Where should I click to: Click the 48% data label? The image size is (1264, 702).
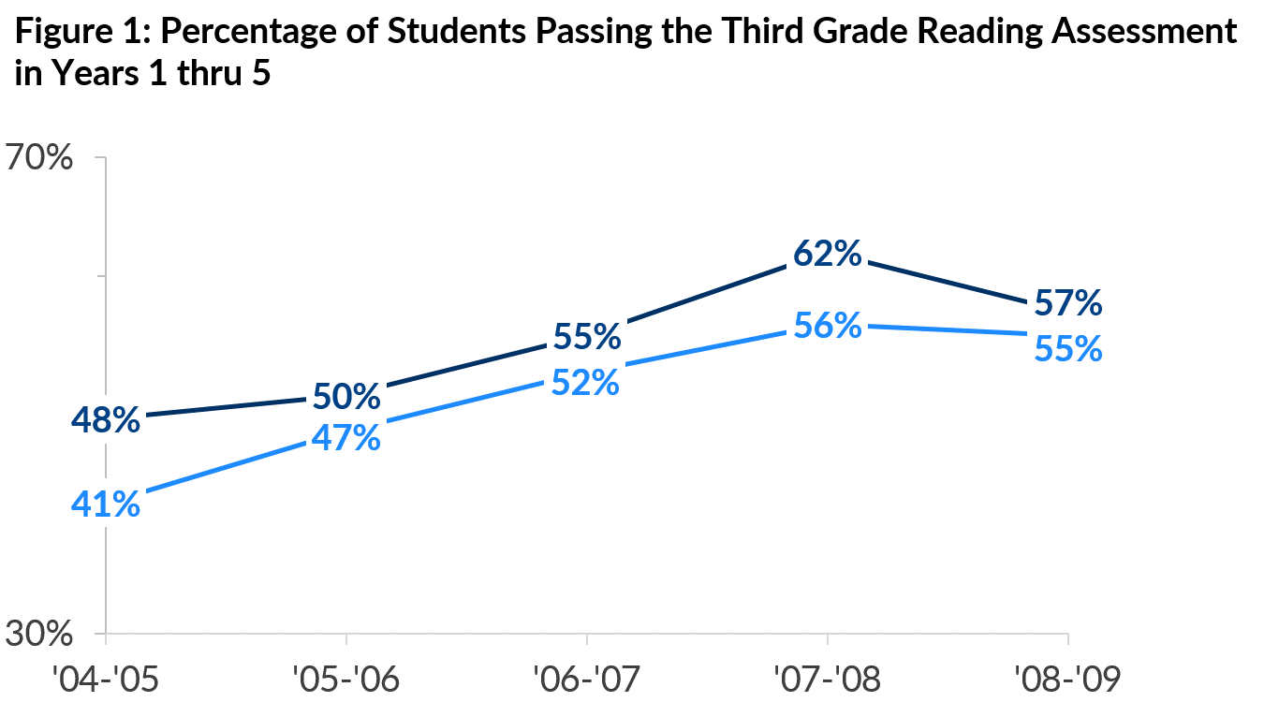click(106, 420)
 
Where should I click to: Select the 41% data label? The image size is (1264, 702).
click(106, 505)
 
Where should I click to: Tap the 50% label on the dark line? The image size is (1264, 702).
click(346, 397)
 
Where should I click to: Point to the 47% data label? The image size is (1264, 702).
click(346, 438)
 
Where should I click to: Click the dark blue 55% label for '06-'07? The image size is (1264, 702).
click(587, 336)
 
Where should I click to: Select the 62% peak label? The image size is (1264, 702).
click(828, 254)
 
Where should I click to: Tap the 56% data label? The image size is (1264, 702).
click(828, 325)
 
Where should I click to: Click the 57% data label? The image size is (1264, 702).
click(1067, 303)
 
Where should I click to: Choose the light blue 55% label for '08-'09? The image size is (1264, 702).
click(1067, 349)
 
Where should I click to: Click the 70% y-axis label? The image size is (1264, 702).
click(39, 158)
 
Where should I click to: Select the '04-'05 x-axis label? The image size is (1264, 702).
click(106, 676)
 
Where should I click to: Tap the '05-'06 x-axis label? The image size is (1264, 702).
click(346, 676)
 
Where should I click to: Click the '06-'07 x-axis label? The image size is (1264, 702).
click(587, 676)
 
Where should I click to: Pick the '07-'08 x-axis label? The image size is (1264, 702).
click(828, 676)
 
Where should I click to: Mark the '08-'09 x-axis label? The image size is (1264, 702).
click(1067, 676)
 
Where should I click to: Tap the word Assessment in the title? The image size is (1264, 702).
click(1143, 33)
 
